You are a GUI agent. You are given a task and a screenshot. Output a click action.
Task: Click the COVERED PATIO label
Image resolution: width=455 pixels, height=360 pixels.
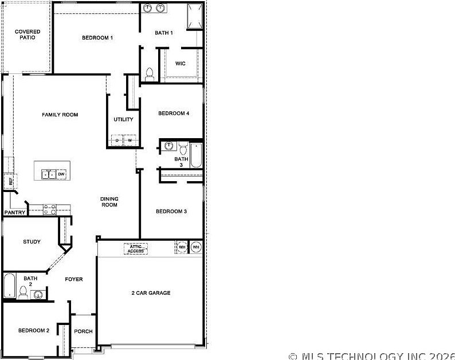coord(28,34)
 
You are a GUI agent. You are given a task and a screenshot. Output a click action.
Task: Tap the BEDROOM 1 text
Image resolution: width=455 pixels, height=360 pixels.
coord(97,38)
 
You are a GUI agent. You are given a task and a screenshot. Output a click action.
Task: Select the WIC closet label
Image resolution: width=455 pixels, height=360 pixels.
coord(180,64)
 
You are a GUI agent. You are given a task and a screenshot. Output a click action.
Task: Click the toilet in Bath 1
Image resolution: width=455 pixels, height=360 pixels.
coord(150,73)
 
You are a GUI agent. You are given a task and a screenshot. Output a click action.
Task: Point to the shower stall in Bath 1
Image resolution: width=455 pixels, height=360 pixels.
coord(194,15)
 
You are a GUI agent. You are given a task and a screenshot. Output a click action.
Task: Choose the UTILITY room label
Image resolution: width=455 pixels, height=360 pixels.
coord(123,120)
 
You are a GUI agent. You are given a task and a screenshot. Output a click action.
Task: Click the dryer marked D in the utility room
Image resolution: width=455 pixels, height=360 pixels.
coord(117,140)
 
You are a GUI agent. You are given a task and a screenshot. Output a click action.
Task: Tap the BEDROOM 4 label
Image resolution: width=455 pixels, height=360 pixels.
coord(174,114)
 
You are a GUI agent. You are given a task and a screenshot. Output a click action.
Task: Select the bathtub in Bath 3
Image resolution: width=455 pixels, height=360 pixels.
coord(196,155)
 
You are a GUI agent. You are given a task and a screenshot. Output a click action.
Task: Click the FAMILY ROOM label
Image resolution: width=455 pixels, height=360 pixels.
coord(60,115)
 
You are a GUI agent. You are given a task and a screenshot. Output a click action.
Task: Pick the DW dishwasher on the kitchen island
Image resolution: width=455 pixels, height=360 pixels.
coord(61,174)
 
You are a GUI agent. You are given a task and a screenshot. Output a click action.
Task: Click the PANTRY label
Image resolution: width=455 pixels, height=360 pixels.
coord(15,213)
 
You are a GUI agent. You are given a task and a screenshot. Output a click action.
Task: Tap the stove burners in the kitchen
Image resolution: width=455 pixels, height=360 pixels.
coord(49,210)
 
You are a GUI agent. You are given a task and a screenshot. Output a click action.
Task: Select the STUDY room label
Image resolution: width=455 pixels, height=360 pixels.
coord(32,242)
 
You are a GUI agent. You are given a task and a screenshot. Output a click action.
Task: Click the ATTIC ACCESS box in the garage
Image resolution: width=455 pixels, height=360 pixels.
coord(136,249)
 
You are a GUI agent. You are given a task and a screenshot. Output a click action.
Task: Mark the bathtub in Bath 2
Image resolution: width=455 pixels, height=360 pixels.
coord(9,286)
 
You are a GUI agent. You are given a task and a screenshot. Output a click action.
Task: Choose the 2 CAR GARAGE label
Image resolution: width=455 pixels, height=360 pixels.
coord(151,293)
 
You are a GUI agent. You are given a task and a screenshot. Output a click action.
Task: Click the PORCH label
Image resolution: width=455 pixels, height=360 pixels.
coord(84,331)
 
